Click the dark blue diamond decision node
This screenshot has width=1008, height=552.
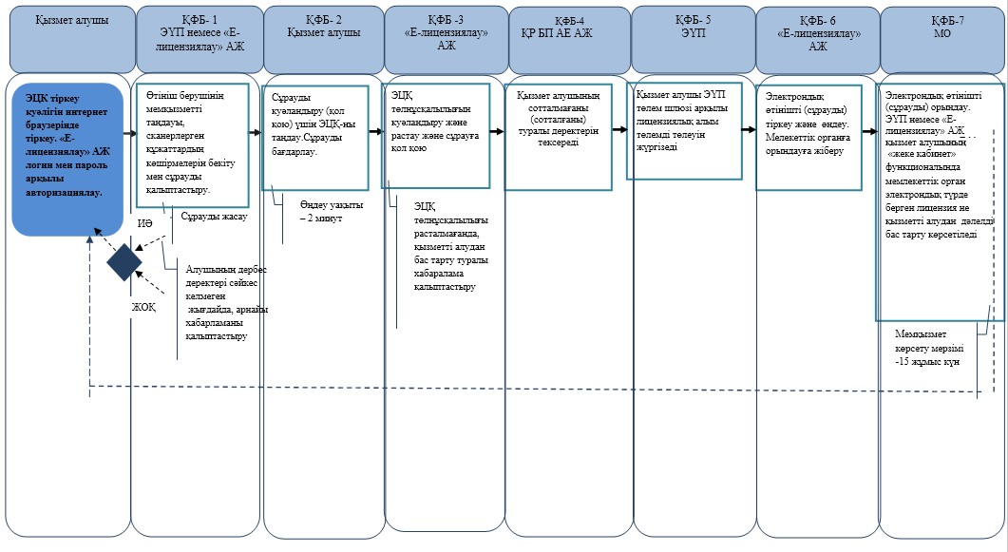[124, 262]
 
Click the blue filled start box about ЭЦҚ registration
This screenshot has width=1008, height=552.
[67, 159]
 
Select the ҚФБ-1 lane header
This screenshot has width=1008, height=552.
[200, 40]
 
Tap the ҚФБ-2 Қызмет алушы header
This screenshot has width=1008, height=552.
[324, 40]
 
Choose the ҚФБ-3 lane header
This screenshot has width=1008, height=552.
[447, 40]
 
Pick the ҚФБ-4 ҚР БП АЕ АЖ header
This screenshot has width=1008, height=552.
[570, 40]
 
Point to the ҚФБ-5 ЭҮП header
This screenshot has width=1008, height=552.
[694, 40]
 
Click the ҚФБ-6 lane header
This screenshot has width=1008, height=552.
[818, 40]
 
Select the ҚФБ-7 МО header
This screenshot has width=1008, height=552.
[942, 40]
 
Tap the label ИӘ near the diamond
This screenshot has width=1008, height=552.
[144, 223]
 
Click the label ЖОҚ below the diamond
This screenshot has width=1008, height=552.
[144, 307]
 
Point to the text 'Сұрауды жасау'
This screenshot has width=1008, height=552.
[214, 217]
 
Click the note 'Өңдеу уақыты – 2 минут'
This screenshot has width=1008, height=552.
[331, 212]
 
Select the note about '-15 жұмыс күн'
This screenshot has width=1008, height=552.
[929, 348]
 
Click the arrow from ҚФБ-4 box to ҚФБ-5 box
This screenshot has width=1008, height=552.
[619, 129]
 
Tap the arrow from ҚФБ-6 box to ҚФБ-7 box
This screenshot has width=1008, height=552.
[870, 131]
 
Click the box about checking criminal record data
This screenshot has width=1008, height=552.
[558, 138]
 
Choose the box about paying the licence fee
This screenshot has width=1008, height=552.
[685, 131]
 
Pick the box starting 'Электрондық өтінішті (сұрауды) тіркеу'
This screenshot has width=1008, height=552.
[808, 137]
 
